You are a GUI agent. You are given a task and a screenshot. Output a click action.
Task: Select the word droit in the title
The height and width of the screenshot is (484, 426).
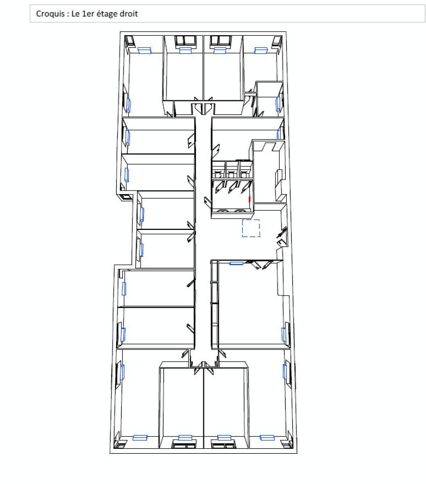coord(129,14)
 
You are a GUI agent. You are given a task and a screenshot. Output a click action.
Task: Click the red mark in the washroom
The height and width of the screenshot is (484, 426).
coord(249,199)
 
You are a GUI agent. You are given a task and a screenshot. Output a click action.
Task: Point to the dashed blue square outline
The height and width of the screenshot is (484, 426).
coord(251,228)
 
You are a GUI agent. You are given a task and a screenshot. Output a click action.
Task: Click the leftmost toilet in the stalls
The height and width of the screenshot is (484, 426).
coord(219,171)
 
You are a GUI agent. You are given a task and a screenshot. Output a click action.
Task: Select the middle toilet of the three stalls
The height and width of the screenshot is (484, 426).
coord(232,171)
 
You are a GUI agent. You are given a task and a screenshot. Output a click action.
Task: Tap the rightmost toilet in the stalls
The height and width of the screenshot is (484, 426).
coord(245,171)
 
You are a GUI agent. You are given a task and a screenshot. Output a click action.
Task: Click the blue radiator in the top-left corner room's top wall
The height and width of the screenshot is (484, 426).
coord(145,50)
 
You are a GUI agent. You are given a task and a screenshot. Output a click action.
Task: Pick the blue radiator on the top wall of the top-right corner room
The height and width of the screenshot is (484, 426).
coord(260,50)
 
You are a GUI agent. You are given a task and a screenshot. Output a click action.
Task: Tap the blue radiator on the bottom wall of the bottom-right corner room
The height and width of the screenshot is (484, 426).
coord(267,438)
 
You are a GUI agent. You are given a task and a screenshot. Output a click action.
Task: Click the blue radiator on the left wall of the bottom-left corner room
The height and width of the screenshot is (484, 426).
coord(123,372)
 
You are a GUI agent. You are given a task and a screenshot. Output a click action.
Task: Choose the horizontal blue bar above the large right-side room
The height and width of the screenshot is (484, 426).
coord(237,263)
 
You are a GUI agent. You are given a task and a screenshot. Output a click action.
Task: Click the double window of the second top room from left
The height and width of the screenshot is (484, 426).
coord(185,40)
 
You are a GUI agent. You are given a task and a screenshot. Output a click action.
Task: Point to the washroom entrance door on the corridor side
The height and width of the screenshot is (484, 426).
coord(207,200)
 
